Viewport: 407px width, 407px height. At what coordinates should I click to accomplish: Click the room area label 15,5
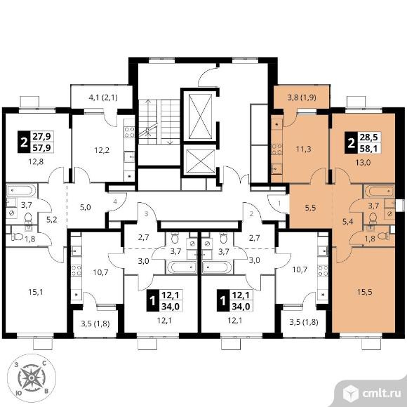point(364,292)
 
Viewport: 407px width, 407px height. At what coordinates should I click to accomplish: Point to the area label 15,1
point(36,293)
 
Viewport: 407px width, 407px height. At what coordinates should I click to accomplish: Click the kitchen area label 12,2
point(102,150)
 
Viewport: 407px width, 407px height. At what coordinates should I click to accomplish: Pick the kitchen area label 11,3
point(303,149)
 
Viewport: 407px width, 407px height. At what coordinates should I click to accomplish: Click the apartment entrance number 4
point(115,201)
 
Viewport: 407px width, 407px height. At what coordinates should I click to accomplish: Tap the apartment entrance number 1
point(279,203)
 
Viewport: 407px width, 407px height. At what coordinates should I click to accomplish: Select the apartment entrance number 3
point(147,214)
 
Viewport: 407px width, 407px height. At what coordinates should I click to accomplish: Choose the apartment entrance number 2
point(251,214)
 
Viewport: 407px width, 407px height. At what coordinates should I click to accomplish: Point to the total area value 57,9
point(41,147)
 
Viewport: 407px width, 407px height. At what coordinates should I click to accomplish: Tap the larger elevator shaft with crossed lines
point(200,116)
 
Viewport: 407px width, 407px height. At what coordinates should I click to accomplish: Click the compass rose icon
point(32,378)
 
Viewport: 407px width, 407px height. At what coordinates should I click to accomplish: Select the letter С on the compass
point(44,363)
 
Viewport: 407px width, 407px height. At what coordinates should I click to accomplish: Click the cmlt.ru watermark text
point(382,394)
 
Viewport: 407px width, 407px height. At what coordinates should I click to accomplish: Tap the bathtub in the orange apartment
point(380,192)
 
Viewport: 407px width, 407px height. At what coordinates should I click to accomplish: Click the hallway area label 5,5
point(310,208)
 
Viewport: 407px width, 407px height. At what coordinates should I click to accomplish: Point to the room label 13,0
point(363,163)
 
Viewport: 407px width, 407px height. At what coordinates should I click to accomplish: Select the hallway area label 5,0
point(85,207)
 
